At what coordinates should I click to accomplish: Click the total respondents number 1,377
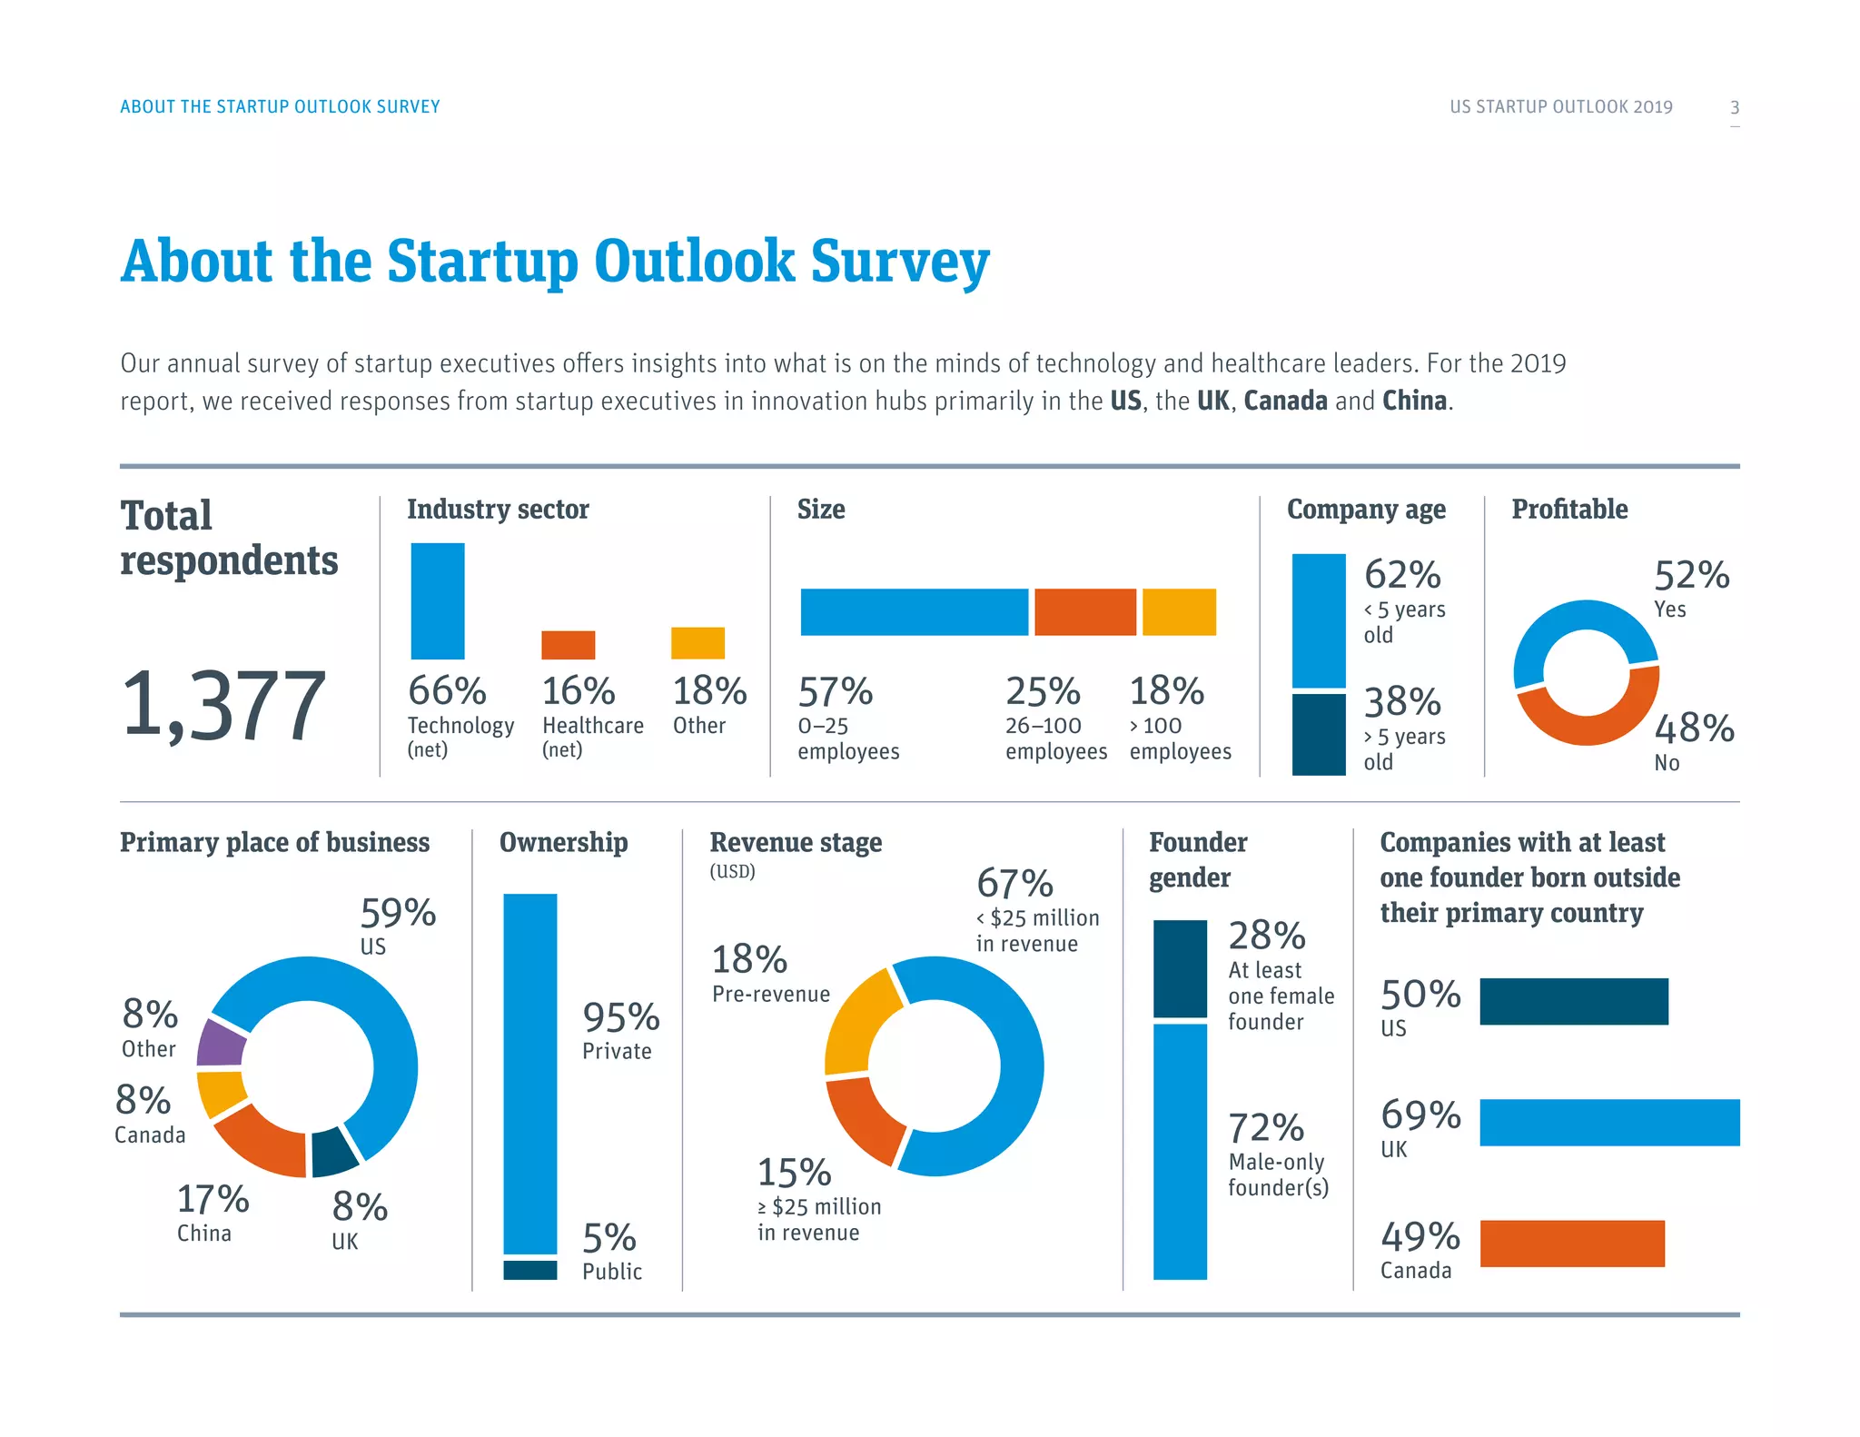(x=223, y=704)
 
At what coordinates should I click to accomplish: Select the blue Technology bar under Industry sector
(x=438, y=600)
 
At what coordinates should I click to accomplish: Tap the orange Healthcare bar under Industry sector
(x=568, y=645)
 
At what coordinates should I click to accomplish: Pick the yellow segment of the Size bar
(x=1179, y=611)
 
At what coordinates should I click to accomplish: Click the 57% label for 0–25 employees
(x=835, y=692)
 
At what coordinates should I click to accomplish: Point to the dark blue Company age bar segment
(x=1318, y=734)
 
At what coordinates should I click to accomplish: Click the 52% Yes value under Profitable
(x=1691, y=575)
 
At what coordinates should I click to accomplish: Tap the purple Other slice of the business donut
(x=221, y=1043)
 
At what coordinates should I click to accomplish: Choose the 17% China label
(x=213, y=1200)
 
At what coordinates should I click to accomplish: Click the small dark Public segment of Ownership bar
(x=529, y=1269)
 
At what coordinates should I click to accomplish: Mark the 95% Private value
(x=620, y=1017)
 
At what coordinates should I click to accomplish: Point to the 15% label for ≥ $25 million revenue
(x=794, y=1173)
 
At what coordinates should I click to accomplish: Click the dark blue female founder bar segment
(x=1180, y=968)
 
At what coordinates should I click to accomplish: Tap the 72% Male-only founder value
(x=1266, y=1128)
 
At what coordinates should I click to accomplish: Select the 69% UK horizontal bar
(x=1608, y=1122)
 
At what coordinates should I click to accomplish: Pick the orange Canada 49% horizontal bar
(x=1571, y=1243)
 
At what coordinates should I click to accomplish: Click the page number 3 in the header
(x=1734, y=107)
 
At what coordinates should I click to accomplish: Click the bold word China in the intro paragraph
(x=1414, y=401)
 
